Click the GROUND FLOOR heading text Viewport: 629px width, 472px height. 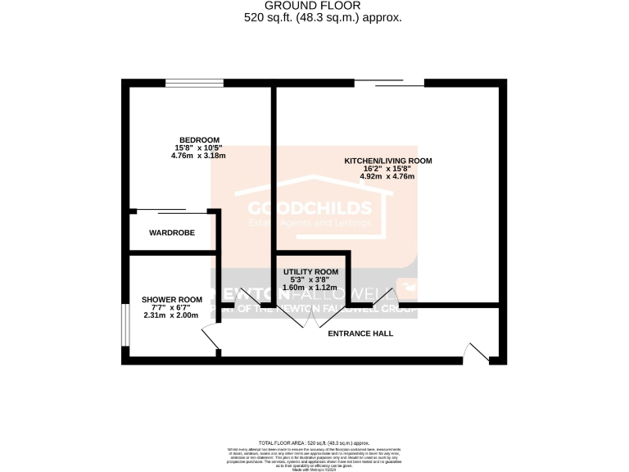[x=315, y=5]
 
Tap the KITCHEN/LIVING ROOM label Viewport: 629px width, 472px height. [x=387, y=161]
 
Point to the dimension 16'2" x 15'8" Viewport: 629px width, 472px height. [x=387, y=169]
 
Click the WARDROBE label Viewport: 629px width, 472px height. [x=172, y=234]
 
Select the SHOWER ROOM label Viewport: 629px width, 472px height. [x=171, y=299]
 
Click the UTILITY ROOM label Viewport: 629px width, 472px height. [x=311, y=271]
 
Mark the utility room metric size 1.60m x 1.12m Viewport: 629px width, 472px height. [x=311, y=288]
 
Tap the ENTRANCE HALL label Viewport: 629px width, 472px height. [x=360, y=334]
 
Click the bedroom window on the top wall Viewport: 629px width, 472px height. [x=194, y=82]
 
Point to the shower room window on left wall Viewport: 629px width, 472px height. [x=124, y=326]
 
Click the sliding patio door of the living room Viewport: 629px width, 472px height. [x=389, y=82]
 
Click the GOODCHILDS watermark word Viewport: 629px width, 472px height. [x=302, y=207]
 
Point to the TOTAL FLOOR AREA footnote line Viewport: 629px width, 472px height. [x=314, y=442]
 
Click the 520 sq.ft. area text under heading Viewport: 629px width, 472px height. [x=315, y=17]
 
